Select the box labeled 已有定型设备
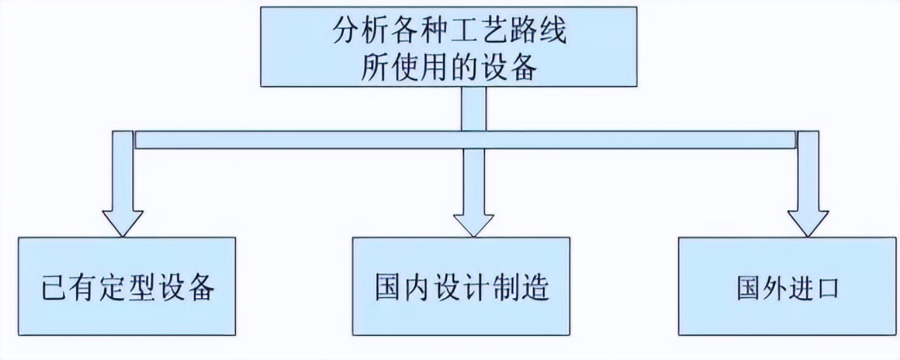tap(127, 286)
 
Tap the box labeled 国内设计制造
tap(461, 286)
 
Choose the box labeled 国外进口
tap(787, 286)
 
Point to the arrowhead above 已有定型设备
tap(122, 221)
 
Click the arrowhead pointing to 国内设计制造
tap(473, 221)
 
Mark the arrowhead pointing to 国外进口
tap(808, 221)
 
